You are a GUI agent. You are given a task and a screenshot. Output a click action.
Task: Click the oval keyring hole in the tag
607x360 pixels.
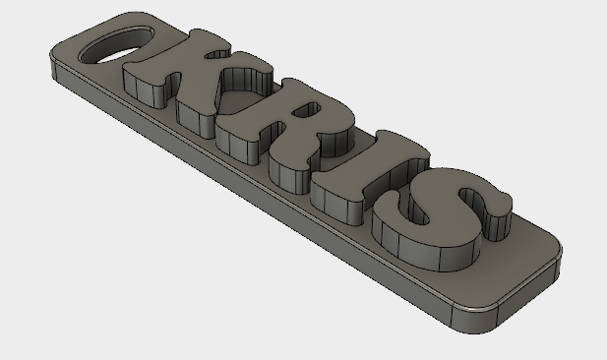116,44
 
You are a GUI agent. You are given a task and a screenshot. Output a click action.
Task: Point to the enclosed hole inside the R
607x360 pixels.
307,109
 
